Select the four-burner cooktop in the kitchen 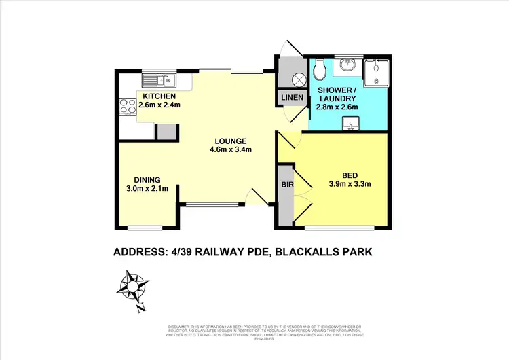pyautogui.click(x=126, y=106)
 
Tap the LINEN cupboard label pyautogui.click(x=293, y=99)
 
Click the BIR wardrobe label pyautogui.click(x=286, y=183)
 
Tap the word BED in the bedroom pyautogui.click(x=349, y=173)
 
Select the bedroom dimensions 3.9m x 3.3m pyautogui.click(x=349, y=183)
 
